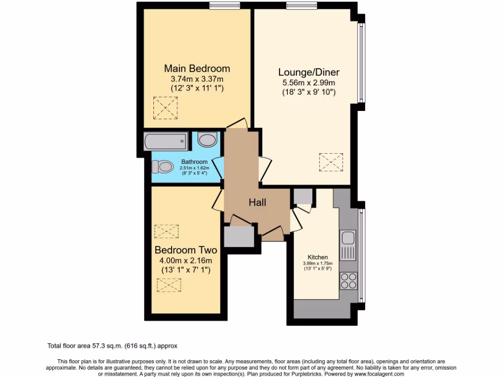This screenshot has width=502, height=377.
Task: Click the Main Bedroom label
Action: (197, 68)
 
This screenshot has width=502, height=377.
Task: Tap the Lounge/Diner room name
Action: (309, 72)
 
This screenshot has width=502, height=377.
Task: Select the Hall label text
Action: (257, 202)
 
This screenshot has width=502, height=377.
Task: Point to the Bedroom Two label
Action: (186, 250)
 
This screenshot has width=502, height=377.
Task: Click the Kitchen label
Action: (318, 257)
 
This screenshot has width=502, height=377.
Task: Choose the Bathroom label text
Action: (194, 162)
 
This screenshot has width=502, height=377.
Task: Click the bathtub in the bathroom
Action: (166, 142)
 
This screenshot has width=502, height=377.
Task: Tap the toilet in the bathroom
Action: (163, 167)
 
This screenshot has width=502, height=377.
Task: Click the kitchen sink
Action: (348, 238)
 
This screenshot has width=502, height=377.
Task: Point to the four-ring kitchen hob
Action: (349, 280)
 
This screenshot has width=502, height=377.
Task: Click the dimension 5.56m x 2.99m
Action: (309, 82)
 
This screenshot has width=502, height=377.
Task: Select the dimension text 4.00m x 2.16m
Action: (186, 260)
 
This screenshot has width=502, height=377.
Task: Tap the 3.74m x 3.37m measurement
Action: (197, 79)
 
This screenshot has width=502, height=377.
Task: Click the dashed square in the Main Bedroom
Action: (166, 108)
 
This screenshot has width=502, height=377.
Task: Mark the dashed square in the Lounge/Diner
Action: (331, 162)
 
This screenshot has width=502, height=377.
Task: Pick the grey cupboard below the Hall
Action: (239, 237)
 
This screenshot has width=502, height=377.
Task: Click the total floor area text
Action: (116, 346)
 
